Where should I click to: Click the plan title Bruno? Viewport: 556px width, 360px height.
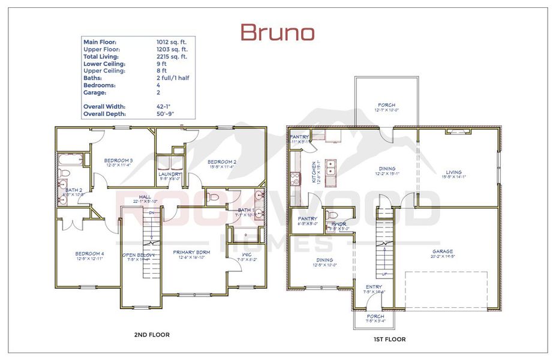tap(277, 32)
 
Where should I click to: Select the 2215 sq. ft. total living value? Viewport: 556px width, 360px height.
tap(173, 56)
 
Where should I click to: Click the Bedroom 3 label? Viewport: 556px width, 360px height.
tap(118, 161)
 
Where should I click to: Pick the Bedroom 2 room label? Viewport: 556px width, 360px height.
tap(222, 162)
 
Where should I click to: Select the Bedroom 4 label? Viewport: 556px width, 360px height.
tap(89, 253)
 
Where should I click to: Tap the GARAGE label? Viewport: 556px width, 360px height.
tap(442, 252)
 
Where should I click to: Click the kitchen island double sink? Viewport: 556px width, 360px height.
tap(331, 166)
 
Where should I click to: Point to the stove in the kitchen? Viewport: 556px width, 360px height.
tap(295, 178)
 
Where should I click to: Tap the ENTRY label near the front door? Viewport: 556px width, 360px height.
tap(374, 287)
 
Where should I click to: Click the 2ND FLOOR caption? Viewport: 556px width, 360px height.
tap(152, 334)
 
